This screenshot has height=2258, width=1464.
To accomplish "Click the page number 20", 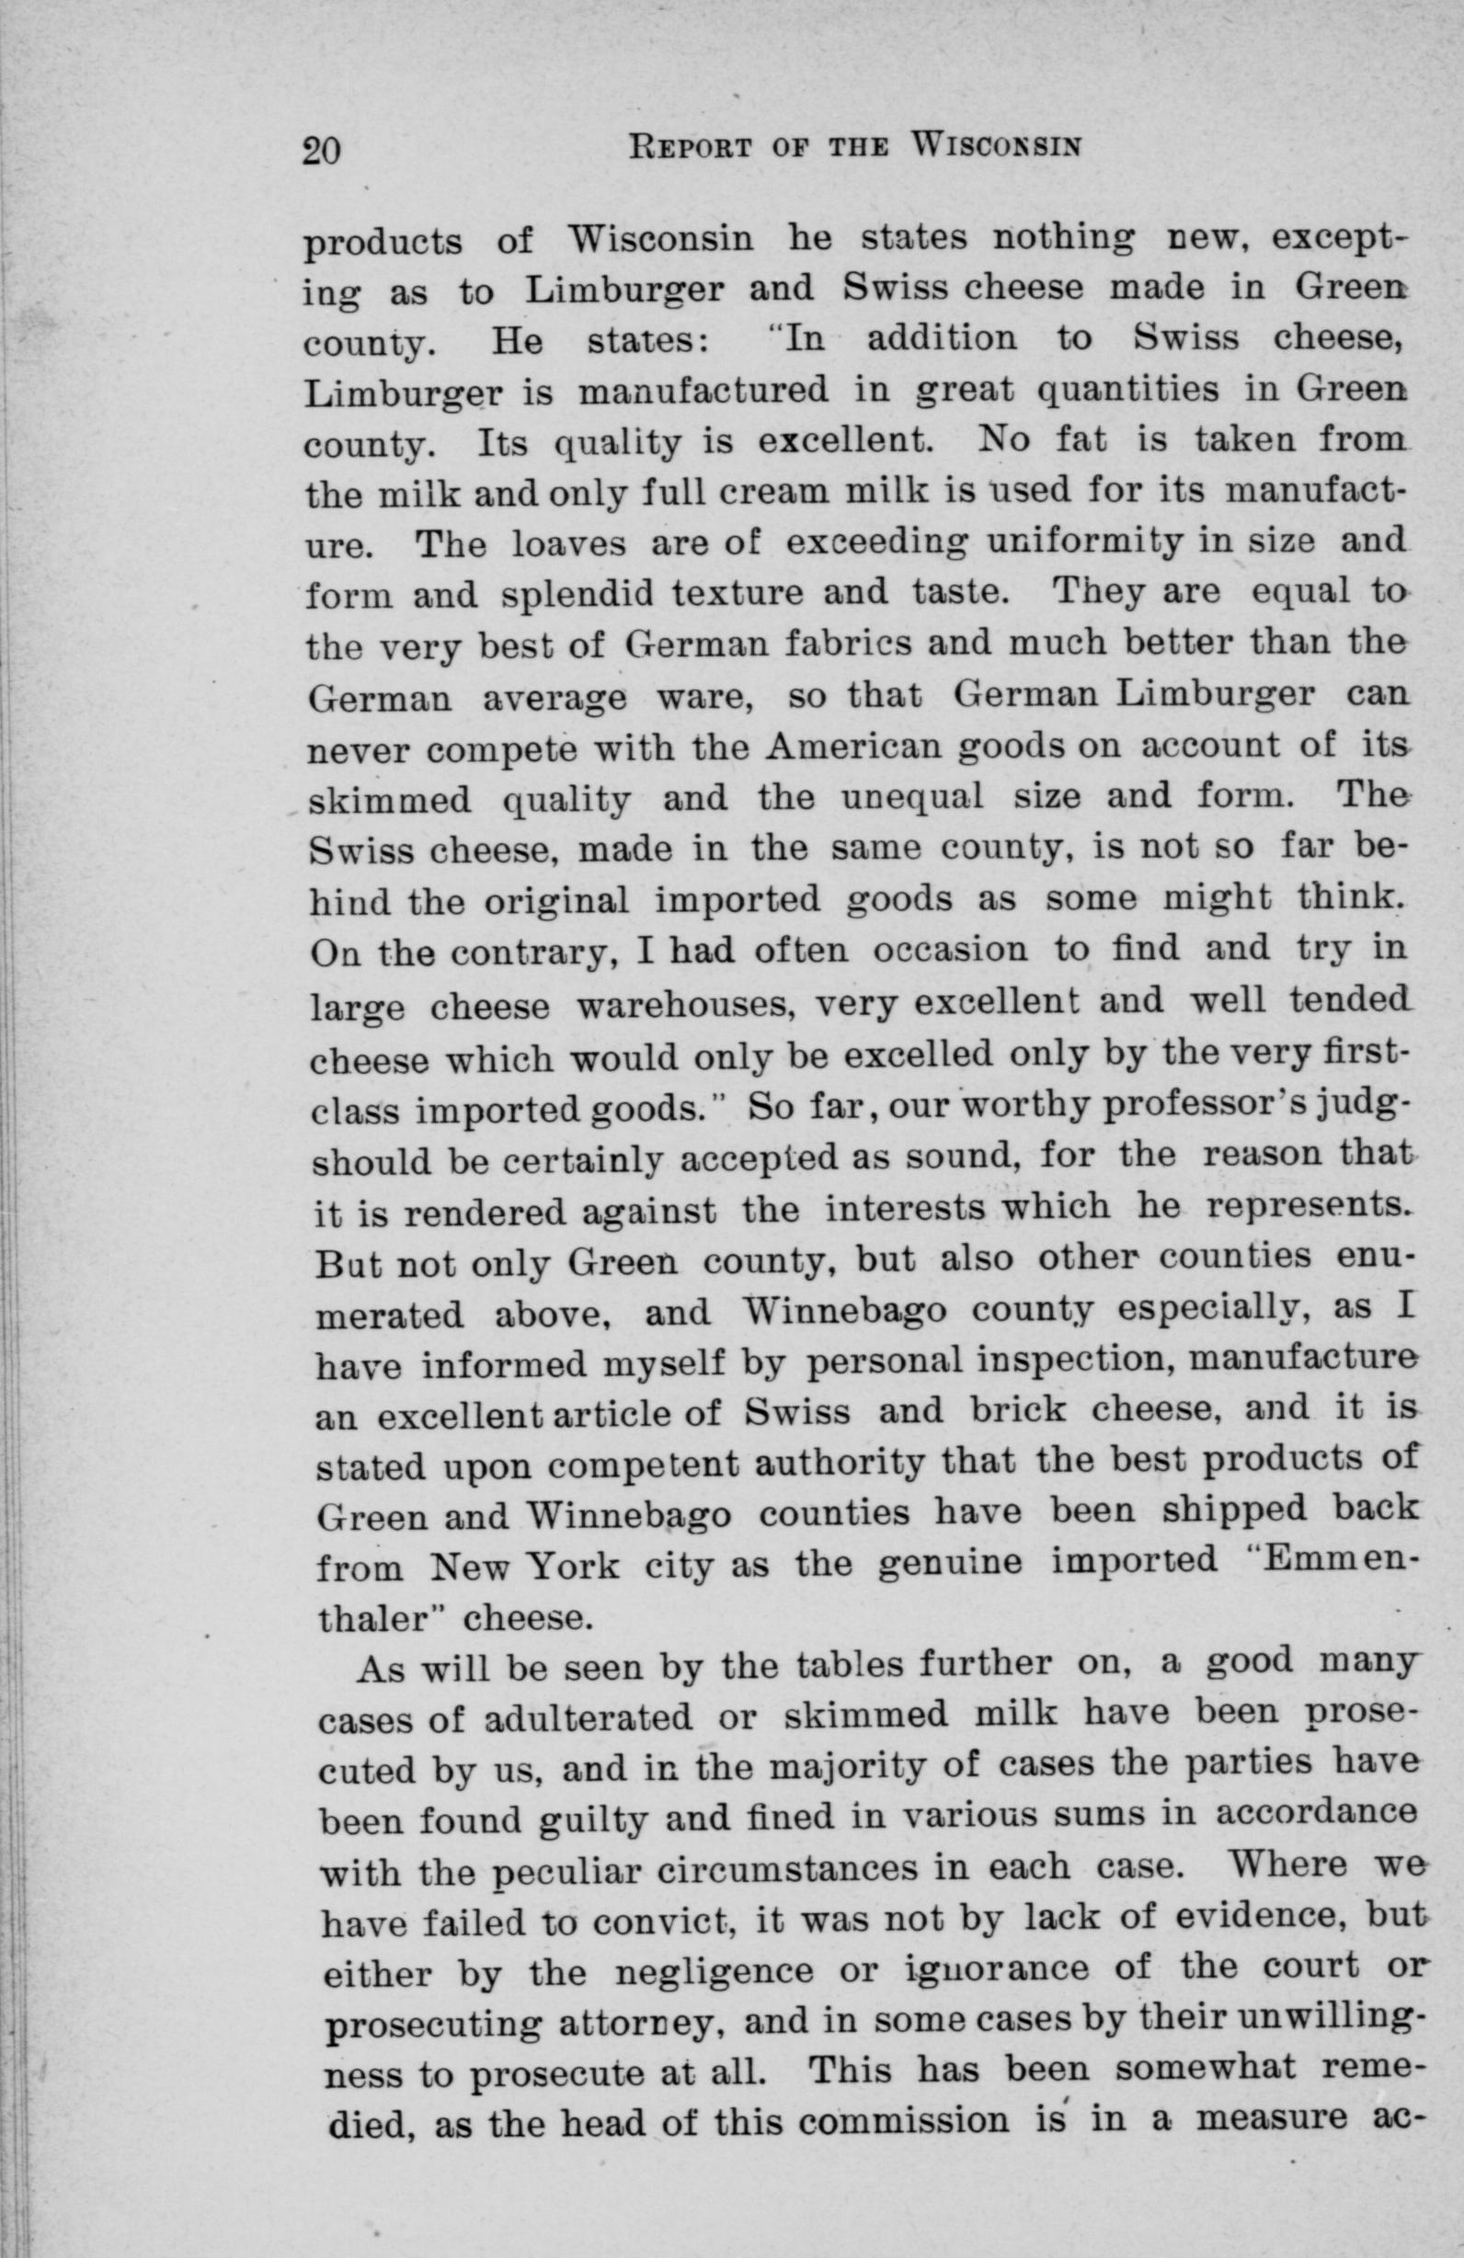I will (322, 150).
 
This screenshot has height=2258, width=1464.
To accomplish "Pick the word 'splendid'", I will (578, 596).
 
